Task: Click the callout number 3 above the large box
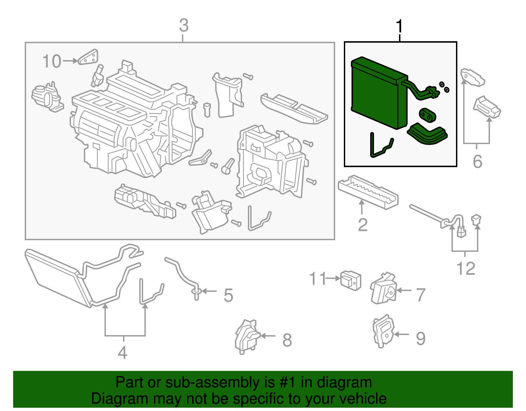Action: pos(184,25)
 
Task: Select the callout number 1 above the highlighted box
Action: pos(399,26)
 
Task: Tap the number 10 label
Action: pos(52,62)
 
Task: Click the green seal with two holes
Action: pos(427,115)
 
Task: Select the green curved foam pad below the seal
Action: pos(428,134)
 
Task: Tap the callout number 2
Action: pos(363,225)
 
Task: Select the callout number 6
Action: pos(477,162)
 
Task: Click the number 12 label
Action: pos(466,269)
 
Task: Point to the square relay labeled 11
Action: pos(351,280)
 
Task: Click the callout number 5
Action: pos(228,295)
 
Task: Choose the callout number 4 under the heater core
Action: pos(122,352)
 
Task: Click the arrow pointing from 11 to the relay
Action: pos(333,278)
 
